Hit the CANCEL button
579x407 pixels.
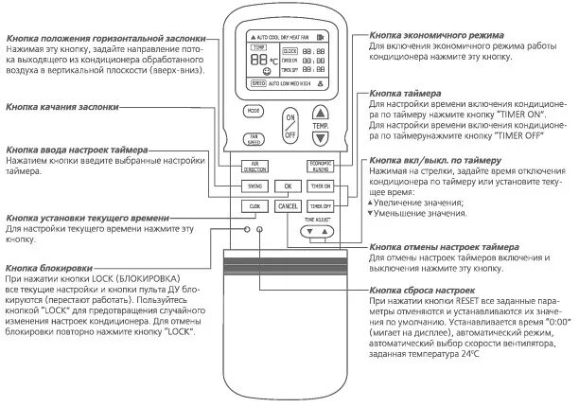[x=289, y=206]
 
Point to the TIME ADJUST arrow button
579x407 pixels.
[x=319, y=230]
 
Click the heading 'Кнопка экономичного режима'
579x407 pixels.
[x=435, y=35]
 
